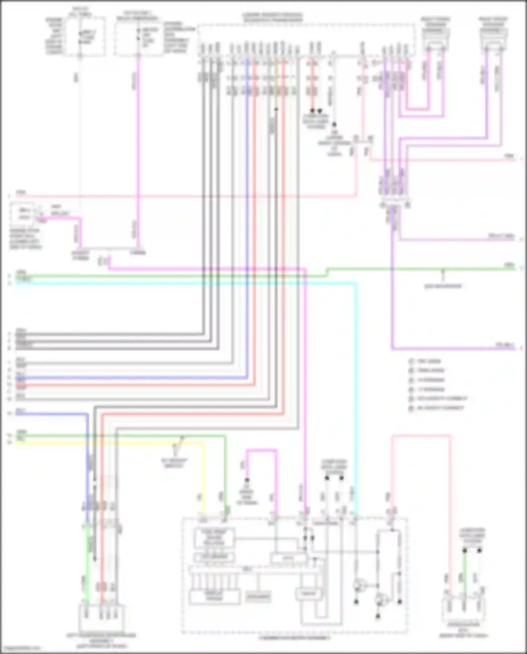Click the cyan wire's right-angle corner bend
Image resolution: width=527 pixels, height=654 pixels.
(356, 284)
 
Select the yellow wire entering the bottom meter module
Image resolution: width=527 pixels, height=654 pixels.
(204, 492)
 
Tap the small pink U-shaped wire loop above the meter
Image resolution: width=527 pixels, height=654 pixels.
(262, 450)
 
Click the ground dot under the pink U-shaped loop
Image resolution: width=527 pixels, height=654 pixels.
(247, 480)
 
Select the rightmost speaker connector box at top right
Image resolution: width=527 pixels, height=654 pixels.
(494, 39)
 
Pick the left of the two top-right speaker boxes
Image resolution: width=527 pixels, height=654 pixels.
(436, 39)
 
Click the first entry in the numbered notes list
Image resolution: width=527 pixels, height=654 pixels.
(425, 361)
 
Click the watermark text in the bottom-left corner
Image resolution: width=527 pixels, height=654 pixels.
(20, 648)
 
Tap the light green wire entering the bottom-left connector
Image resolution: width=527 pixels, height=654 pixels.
(87, 562)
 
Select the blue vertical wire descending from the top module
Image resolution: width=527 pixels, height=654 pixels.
(248, 211)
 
